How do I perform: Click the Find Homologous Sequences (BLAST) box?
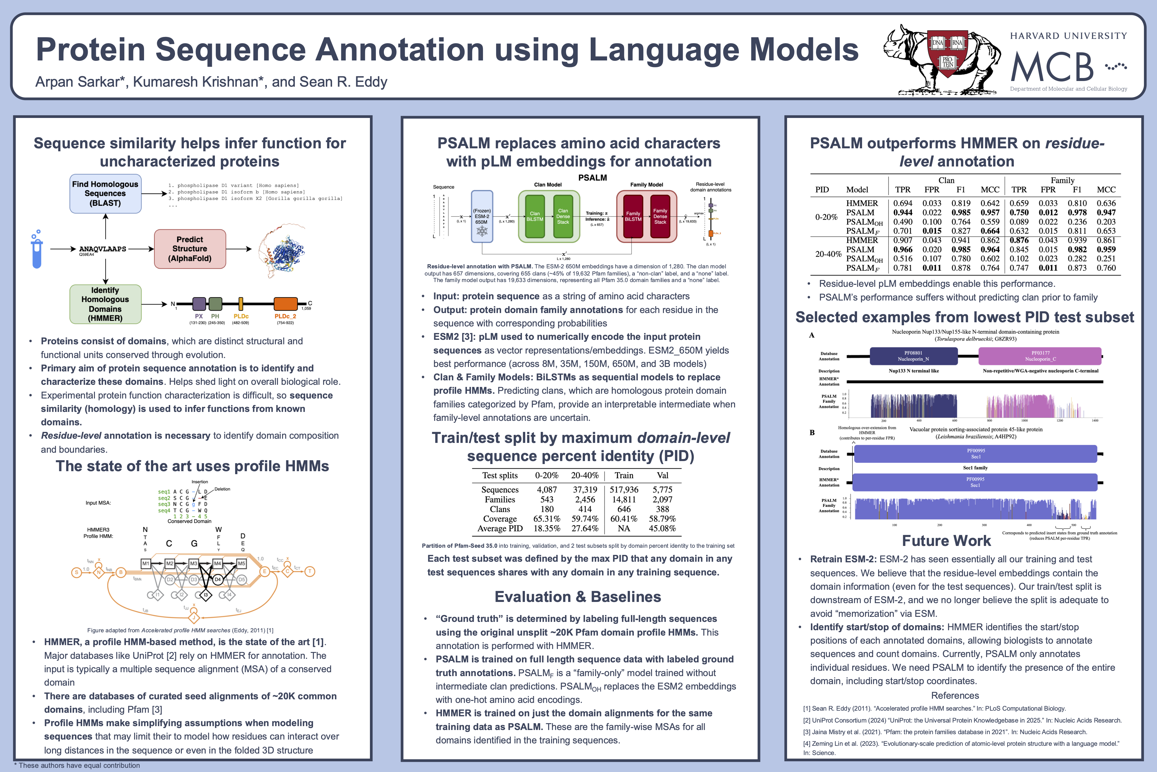pyautogui.click(x=105, y=194)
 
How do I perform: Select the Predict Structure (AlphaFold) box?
pyautogui.click(x=190, y=249)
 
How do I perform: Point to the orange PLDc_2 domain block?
pyautogui.click(x=285, y=304)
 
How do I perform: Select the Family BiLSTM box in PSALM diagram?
pyautogui.click(x=633, y=217)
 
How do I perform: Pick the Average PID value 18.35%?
pyautogui.click(x=547, y=528)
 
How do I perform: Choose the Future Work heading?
pyautogui.click(x=946, y=541)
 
